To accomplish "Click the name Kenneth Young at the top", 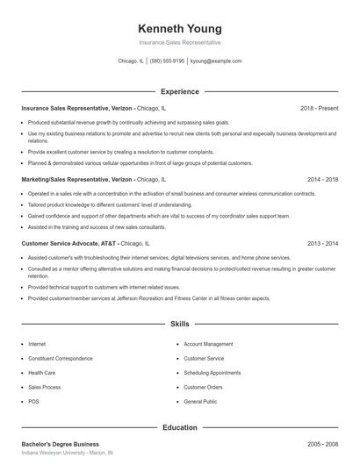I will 180,28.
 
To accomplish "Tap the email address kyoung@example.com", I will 215,61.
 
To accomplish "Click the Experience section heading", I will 180,91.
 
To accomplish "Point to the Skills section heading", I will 180,324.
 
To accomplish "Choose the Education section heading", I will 180,427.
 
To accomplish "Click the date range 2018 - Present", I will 319,108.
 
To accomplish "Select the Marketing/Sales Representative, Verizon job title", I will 77,178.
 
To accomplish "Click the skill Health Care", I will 42,373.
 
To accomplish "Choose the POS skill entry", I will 33,401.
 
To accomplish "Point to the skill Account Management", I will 208,345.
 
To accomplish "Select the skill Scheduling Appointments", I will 212,373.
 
